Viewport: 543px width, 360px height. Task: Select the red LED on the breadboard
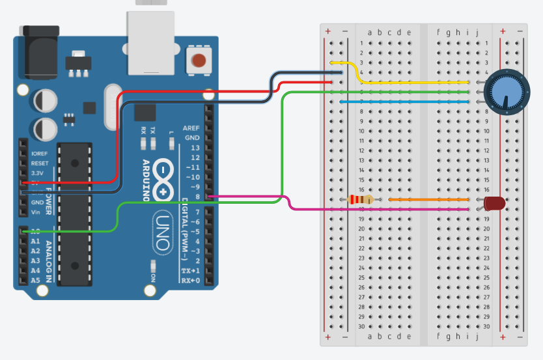click(495, 202)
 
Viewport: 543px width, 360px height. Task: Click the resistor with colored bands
click(360, 199)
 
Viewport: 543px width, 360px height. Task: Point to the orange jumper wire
click(428, 199)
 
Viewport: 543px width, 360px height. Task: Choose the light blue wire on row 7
click(404, 102)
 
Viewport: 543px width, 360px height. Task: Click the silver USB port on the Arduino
click(151, 42)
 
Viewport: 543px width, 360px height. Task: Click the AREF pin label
click(191, 128)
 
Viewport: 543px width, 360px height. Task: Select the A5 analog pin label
click(35, 281)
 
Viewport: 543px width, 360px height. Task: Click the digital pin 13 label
click(193, 148)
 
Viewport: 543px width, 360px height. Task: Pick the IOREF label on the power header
click(40, 154)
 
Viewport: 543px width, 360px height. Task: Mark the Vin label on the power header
click(36, 212)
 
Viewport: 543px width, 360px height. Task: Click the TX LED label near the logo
click(153, 130)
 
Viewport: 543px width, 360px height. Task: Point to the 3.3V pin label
click(38, 174)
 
